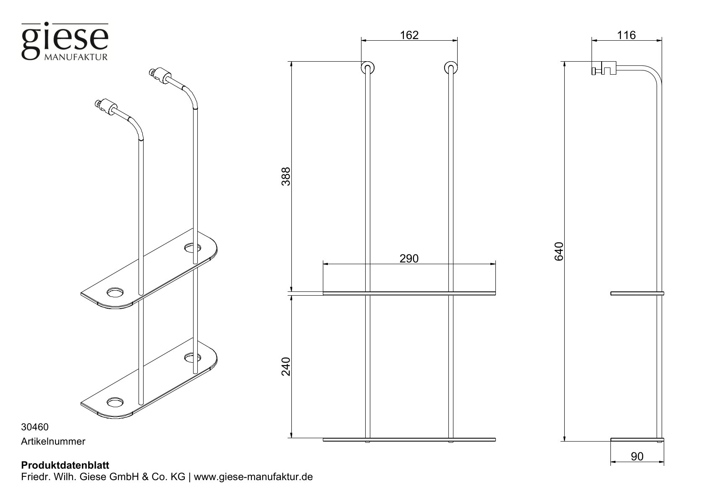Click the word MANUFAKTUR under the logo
pos(76,56)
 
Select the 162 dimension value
pos(409,35)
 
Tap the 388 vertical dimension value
pos(286,177)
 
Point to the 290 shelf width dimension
pos(409,258)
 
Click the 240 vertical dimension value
pos(286,366)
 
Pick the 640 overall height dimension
pos(558,251)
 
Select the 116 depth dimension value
pos(627,35)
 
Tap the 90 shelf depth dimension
pos(637,456)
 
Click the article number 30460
pos(35,427)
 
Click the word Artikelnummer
pos(53,442)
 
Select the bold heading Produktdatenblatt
pos(65,465)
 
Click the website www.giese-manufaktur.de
pos(254,477)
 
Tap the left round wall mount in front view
pos(368,68)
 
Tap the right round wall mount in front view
pos(451,68)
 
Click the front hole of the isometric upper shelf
pos(115,292)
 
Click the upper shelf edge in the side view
pos(637,293)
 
